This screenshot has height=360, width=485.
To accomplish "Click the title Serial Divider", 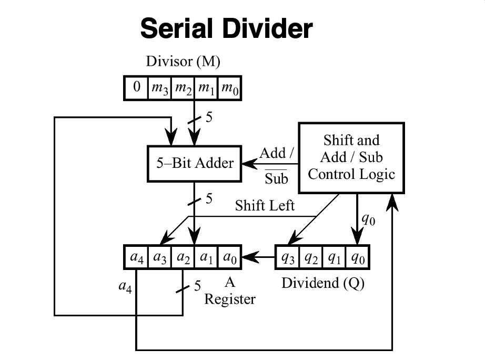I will coord(226,28).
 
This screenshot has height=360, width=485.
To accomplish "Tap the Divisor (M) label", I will coord(183,62).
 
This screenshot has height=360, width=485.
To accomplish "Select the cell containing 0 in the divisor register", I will coord(136,87).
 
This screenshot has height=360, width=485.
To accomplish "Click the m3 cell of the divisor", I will coord(159,88).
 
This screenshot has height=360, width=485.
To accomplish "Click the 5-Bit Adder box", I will coord(195,163).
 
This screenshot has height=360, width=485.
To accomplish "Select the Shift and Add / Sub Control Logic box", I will coord(351,157).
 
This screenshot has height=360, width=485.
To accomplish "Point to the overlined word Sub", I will coord(276,179).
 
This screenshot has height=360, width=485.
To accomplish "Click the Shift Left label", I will coord(265,206).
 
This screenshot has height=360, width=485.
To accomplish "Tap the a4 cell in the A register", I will coord(136,258).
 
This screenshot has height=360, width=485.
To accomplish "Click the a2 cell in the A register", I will coord(183,258).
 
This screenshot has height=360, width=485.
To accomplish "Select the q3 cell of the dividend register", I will coord(288,258).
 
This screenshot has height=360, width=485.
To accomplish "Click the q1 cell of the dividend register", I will coord(335,258).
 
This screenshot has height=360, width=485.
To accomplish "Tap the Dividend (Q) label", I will coord(323,283).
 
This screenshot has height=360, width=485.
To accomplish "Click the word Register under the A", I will coord(230,299).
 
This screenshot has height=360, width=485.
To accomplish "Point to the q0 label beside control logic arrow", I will coord(368,219).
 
